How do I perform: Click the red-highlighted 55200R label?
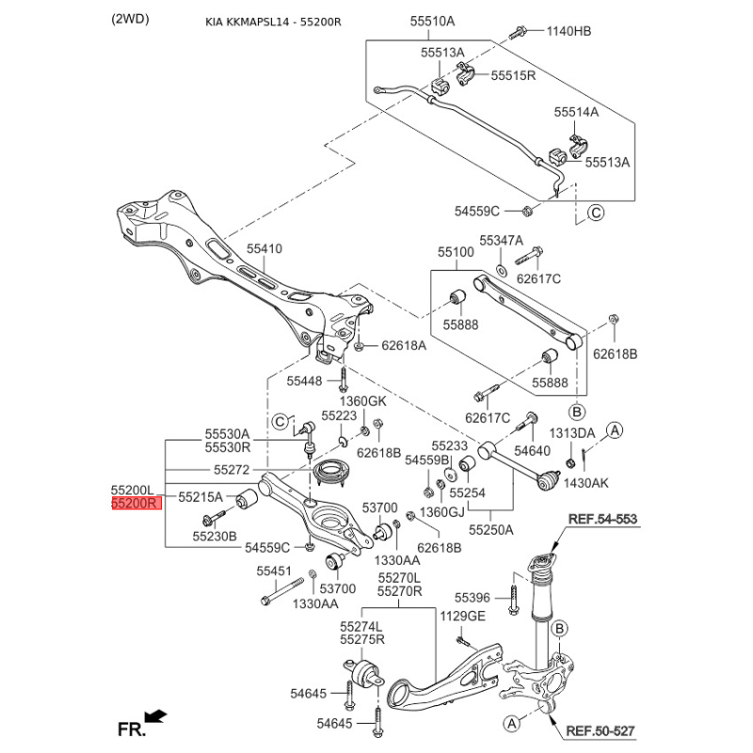point(136,504)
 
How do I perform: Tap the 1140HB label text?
point(569,31)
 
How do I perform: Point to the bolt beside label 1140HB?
point(519,32)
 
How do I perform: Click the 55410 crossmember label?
point(264,248)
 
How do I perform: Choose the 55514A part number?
point(575,112)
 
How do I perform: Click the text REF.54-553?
point(601,520)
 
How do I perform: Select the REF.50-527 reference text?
point(601,730)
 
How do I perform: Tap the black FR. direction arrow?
point(157,717)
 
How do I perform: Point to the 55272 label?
point(232,469)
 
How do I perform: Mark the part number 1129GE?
point(462,617)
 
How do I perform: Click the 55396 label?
point(473,598)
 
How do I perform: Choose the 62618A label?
point(404,345)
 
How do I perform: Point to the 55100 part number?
point(456,253)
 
